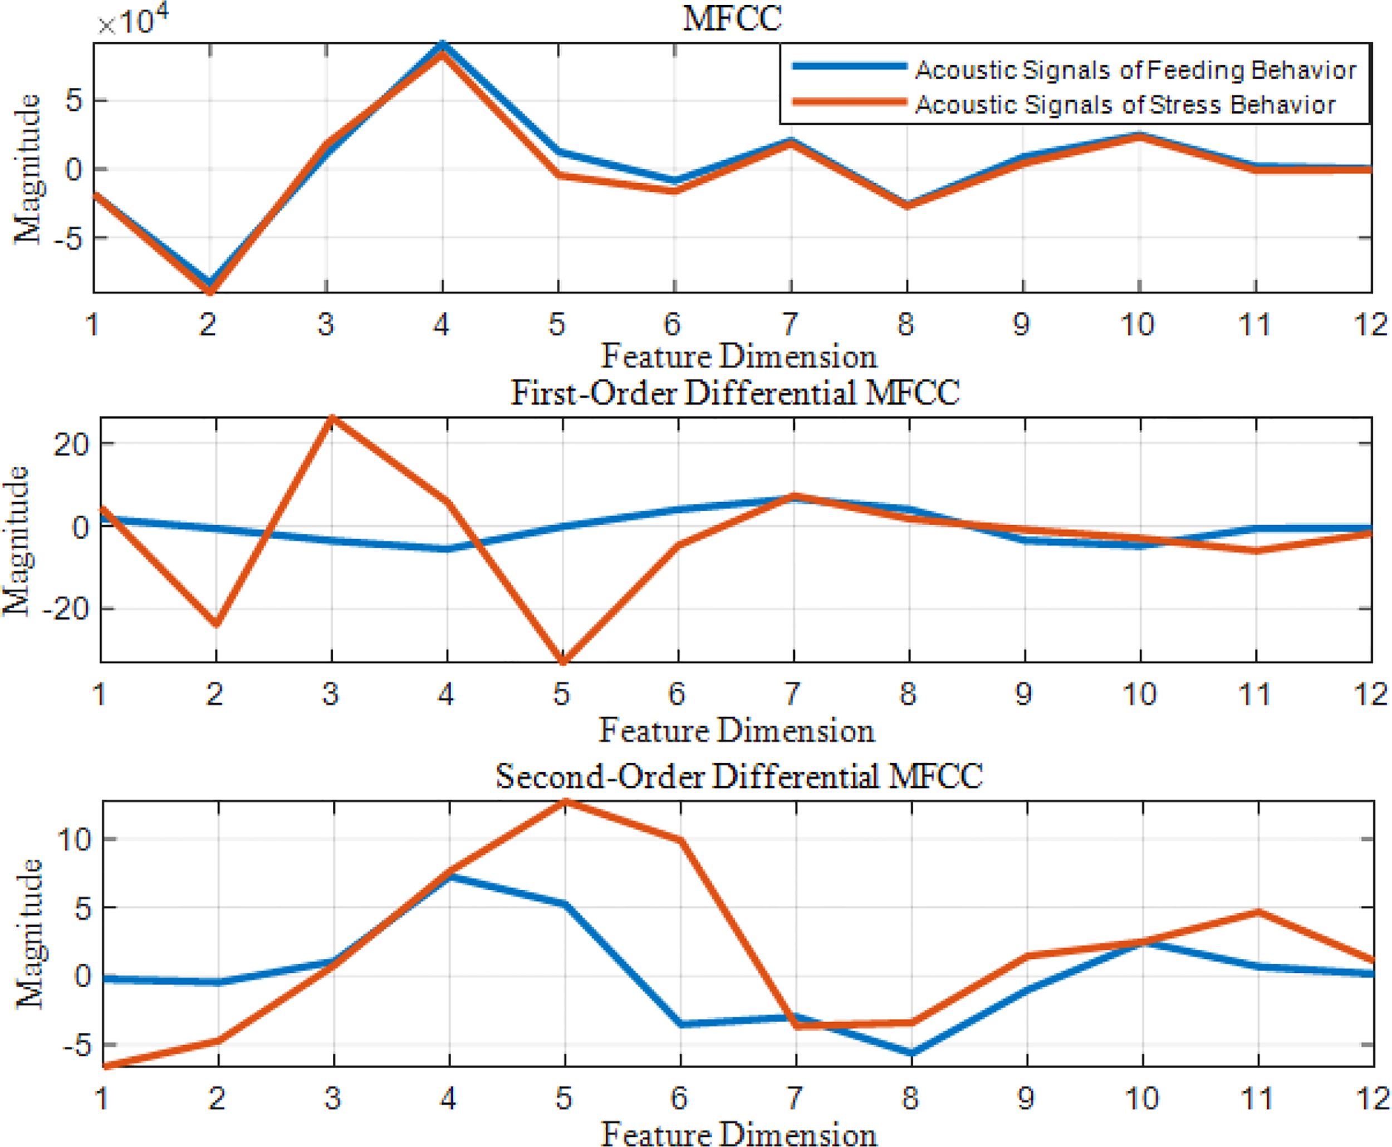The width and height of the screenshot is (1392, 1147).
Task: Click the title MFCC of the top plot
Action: point(732,18)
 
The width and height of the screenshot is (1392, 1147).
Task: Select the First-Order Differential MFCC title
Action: point(734,394)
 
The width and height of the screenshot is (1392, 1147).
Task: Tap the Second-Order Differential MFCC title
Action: point(739,776)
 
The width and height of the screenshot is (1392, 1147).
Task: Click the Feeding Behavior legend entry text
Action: point(1135,70)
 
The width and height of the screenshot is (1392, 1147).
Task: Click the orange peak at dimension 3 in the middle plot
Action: point(332,418)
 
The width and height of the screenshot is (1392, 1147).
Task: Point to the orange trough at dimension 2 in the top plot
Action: point(210,290)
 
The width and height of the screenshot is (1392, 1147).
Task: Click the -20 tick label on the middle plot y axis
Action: point(65,609)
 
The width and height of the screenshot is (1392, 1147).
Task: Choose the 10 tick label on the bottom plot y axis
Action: point(73,840)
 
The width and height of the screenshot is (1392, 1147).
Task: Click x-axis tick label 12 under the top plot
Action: point(1370,325)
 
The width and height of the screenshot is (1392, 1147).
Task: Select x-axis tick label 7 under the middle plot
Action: point(792,694)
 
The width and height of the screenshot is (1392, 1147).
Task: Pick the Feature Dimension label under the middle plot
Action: point(737,731)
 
